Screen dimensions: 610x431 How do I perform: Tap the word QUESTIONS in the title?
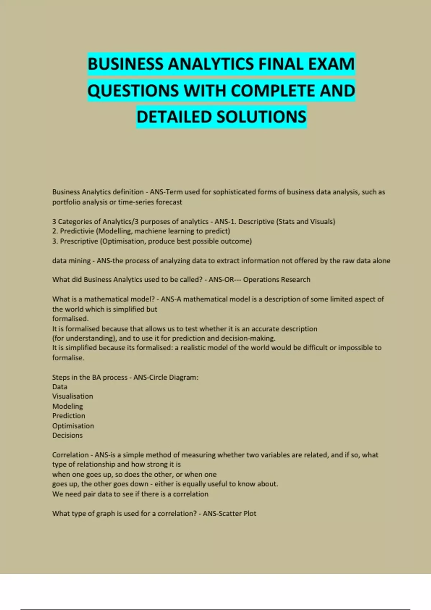coord(133,91)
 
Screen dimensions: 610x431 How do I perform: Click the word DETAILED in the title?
coord(174,117)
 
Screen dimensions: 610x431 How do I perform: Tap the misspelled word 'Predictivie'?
coord(77,231)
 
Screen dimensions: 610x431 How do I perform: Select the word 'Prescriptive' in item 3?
coord(79,241)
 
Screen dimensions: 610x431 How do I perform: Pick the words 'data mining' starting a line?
coord(71,261)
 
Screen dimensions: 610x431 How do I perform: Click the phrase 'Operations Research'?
coord(277,280)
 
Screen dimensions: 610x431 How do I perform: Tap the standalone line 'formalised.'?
coord(70,319)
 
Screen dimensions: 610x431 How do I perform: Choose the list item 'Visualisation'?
coord(73,396)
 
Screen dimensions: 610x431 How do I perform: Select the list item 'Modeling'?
coord(68,406)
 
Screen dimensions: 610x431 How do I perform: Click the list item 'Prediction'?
coord(69,416)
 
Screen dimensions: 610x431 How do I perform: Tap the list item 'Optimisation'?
coord(73,426)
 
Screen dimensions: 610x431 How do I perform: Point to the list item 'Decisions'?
coord(67,435)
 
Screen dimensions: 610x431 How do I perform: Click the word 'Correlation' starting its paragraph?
coord(70,455)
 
